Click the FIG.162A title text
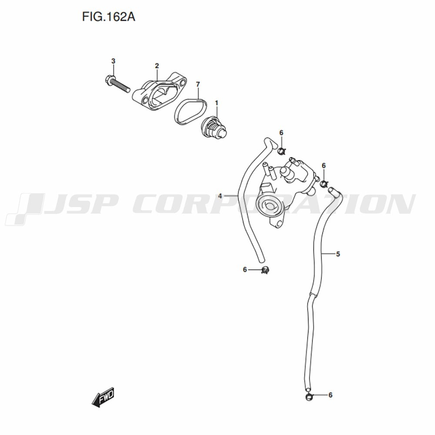[x=108, y=17]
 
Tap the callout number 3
[x=113, y=61]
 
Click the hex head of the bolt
[x=109, y=80]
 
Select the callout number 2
[x=157, y=66]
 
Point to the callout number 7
[x=198, y=84]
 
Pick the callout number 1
[x=217, y=103]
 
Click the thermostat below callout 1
[x=214, y=128]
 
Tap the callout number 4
[x=220, y=196]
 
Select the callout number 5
[x=338, y=254]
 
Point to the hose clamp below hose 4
[x=265, y=270]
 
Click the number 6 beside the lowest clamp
[x=330, y=395]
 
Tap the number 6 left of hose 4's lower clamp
[x=244, y=269]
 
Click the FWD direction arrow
[x=103, y=397]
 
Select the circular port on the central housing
[x=269, y=206]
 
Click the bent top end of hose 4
[x=270, y=143]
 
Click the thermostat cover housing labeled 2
[x=159, y=92]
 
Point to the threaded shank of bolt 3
[x=121, y=85]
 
